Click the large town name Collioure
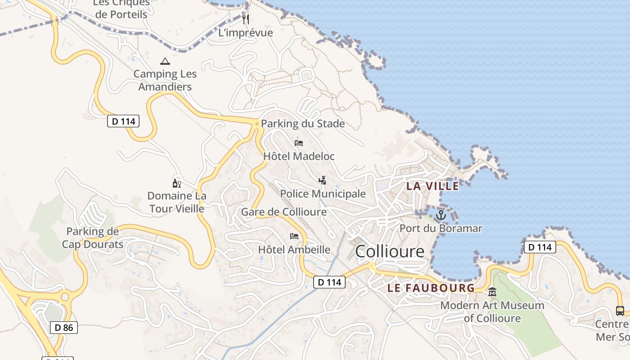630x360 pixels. point(390,252)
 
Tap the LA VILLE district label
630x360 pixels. point(432,186)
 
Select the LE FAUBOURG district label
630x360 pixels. point(431,288)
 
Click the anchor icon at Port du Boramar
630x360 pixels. point(441,215)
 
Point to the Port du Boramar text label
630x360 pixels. point(441,229)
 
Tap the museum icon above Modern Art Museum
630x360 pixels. point(492,292)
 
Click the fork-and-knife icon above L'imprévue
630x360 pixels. point(246,19)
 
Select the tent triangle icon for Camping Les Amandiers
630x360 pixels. point(165,61)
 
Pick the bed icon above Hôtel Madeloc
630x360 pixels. point(299,143)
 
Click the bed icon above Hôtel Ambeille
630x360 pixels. point(294,236)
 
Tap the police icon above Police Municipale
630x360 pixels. point(322,180)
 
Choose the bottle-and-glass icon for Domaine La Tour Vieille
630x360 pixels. point(177,183)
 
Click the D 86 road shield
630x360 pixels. point(64,328)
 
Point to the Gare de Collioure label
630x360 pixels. point(284,212)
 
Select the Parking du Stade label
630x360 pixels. point(303,124)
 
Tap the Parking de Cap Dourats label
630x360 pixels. point(93,238)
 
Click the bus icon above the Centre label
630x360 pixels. point(620,310)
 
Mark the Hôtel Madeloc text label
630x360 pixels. point(299,157)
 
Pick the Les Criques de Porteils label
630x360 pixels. point(121,9)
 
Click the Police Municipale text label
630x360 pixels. point(323,194)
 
